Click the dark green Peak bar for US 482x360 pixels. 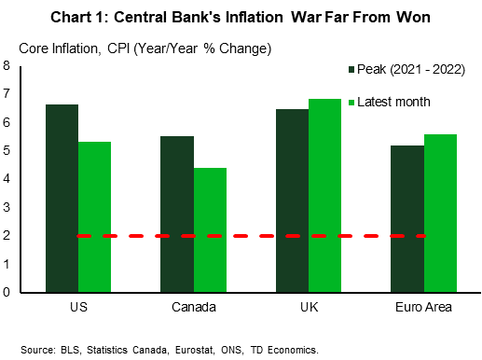tap(62, 198)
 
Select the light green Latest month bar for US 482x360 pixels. tap(94, 216)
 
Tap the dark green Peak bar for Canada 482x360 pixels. tap(177, 214)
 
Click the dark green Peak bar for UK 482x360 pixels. tap(293, 200)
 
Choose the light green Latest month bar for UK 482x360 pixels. tap(324, 195)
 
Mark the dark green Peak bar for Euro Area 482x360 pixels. tap(407, 218)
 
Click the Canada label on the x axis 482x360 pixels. tap(194, 307)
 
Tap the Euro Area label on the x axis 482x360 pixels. tap(424, 307)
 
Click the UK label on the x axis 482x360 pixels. tap(309, 307)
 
